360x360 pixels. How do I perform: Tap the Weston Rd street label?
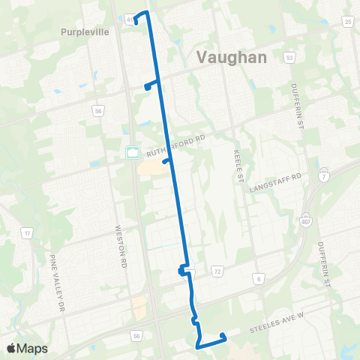tap(118, 247)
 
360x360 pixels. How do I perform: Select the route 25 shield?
tap(348, 22)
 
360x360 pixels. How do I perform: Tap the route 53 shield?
tap(289, 57)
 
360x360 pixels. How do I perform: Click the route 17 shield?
tap(26, 234)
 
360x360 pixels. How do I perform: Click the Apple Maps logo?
tap(27, 348)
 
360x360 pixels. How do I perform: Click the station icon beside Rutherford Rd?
tap(133, 152)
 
